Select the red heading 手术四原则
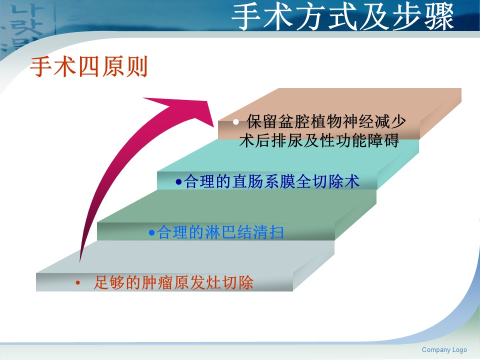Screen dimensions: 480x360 (x=89, y=66)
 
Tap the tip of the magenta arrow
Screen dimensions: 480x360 (x=213, y=126)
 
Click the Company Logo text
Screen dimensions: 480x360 (x=444, y=349)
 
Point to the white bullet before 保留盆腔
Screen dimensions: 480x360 (x=235, y=122)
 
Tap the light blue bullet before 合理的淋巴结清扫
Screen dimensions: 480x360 (x=151, y=232)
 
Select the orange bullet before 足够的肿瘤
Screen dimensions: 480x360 (x=78, y=283)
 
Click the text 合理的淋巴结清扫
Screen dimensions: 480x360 (x=220, y=232)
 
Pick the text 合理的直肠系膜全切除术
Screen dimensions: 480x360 (x=271, y=181)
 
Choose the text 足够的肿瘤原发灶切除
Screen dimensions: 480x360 (x=173, y=282)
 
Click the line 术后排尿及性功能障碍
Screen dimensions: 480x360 (x=319, y=140)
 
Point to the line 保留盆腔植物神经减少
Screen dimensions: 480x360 (x=326, y=121)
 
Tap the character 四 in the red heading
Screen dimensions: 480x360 (x=89, y=66)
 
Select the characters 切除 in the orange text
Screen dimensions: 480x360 (x=238, y=282)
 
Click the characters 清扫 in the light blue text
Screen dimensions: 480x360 (x=268, y=232)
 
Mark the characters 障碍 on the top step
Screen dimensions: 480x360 (x=383, y=140)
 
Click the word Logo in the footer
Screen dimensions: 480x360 (x=459, y=350)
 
